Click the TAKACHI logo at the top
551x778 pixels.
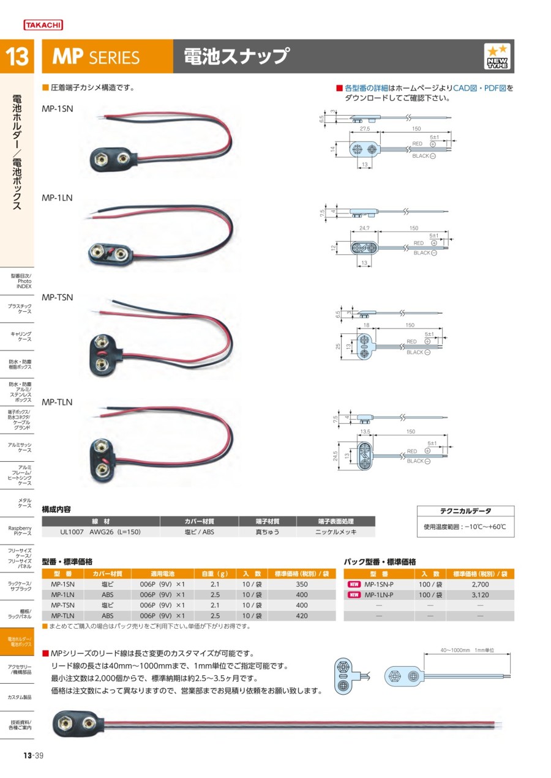(43, 25)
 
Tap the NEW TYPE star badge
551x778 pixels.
(497, 57)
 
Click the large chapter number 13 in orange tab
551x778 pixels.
(17, 57)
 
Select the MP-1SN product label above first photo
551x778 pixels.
(57, 108)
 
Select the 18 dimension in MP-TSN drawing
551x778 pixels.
(367, 326)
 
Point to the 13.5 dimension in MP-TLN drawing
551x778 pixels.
(367, 431)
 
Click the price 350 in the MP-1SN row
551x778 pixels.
(302, 585)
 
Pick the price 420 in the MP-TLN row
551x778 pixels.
(302, 616)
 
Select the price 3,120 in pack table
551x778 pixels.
(480, 595)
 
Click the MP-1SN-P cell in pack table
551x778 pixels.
(378, 585)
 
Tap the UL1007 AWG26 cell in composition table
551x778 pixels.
(100, 532)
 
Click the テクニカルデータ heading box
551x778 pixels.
(465, 511)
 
